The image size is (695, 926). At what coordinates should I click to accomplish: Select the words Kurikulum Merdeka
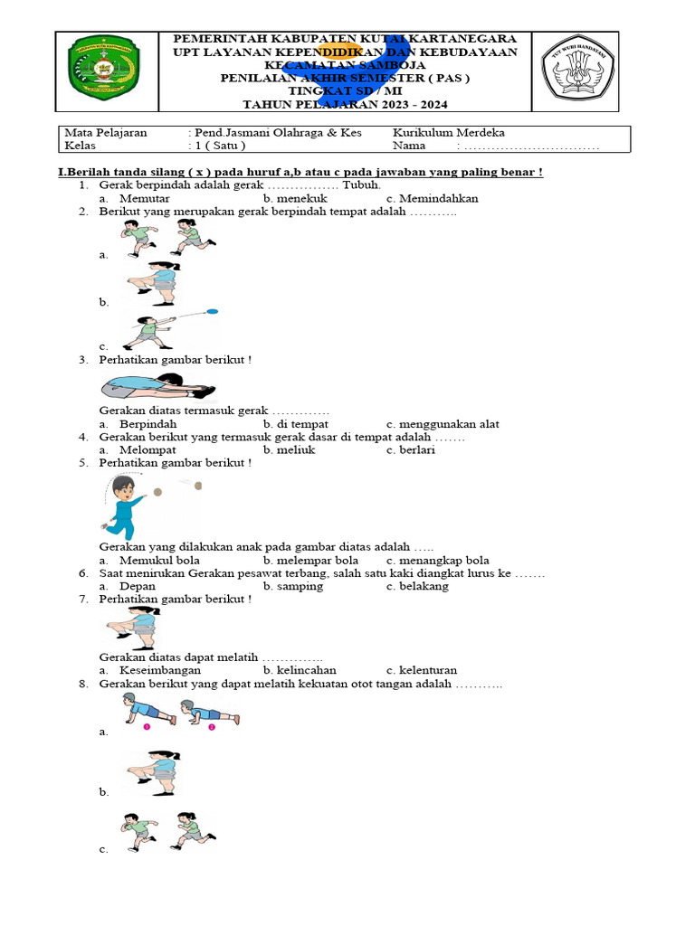tap(448, 132)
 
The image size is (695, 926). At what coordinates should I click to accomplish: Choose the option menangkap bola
tap(443, 560)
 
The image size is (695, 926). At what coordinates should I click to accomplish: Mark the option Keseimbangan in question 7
tap(160, 670)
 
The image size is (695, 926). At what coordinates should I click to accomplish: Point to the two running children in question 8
tap(168, 831)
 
